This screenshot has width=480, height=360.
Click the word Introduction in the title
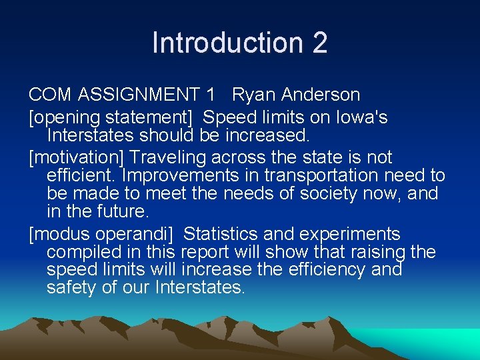[227, 43]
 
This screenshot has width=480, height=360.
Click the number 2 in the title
[319, 43]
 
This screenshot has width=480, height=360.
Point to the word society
[347, 193]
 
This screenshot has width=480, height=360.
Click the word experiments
[351, 234]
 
